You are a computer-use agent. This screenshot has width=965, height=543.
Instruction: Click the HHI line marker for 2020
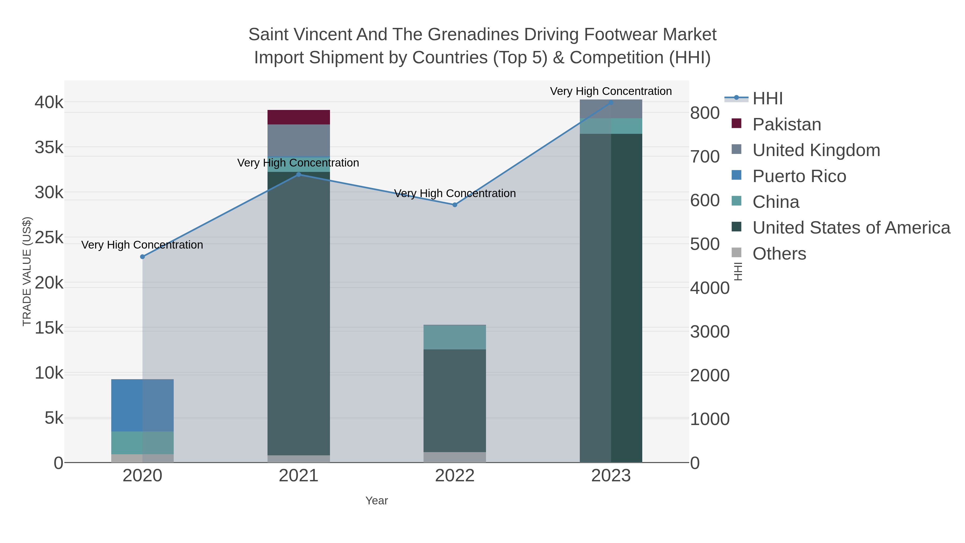click(142, 257)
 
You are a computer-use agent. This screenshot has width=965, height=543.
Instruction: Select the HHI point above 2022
click(455, 205)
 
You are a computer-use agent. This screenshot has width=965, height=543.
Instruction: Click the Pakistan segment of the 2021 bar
click(299, 117)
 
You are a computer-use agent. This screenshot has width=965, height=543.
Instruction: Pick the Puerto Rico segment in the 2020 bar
click(142, 405)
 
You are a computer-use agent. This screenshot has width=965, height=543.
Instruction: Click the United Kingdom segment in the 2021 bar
click(299, 140)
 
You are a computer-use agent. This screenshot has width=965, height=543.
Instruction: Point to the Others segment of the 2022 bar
click(455, 457)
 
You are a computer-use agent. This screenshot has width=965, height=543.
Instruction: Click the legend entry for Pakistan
click(787, 124)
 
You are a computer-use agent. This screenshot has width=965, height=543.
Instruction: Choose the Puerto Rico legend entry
click(799, 176)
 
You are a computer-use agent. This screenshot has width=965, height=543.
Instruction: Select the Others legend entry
click(779, 254)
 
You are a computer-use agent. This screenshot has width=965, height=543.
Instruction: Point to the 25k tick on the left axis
click(49, 238)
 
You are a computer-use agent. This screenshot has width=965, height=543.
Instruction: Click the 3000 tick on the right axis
click(710, 332)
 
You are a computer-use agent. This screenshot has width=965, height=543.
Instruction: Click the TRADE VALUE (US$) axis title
click(27, 271)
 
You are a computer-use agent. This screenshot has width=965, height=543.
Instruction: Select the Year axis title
click(377, 501)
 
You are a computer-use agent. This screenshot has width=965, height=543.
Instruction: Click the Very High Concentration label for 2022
click(455, 193)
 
